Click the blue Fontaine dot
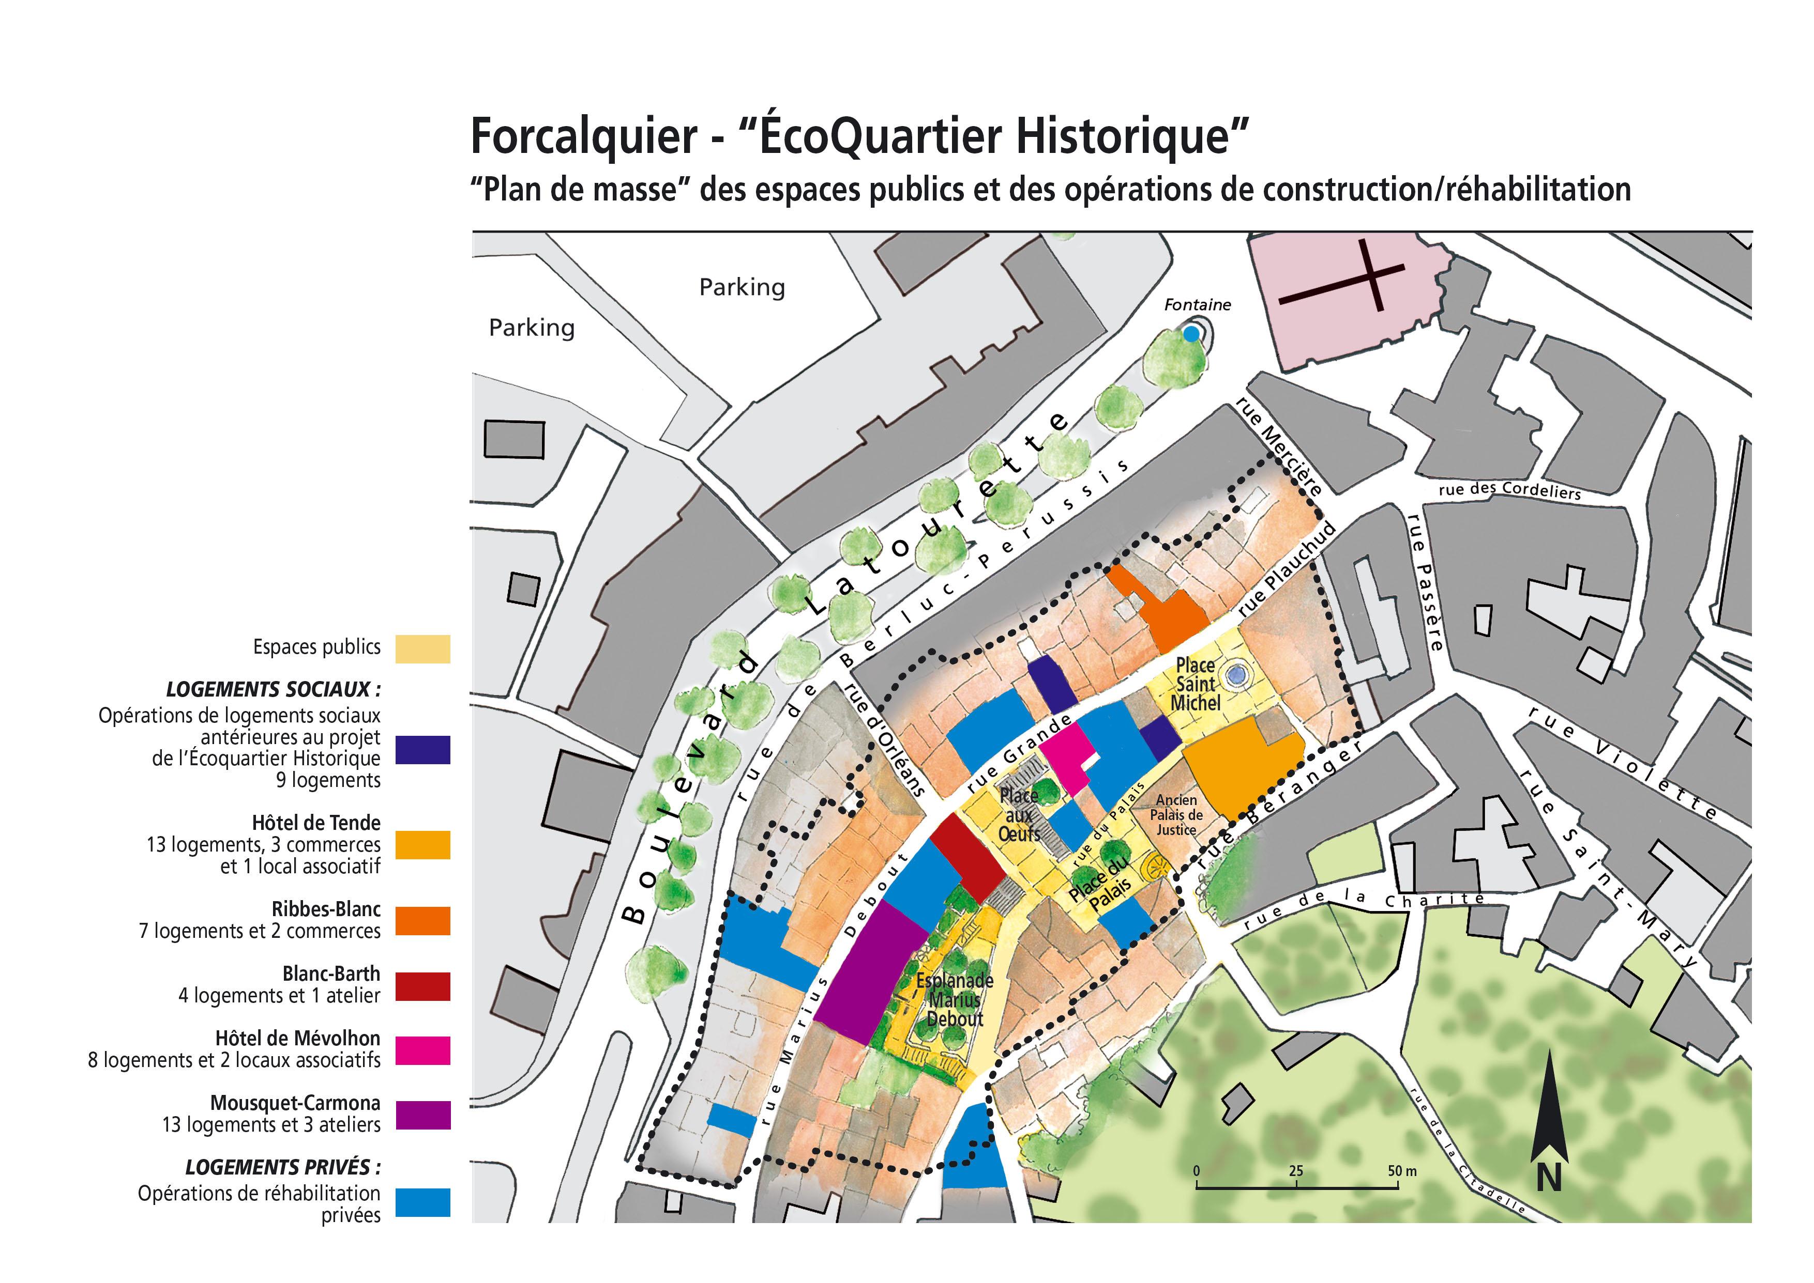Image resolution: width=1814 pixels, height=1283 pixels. (1190, 334)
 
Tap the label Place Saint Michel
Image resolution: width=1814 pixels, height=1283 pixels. (1195, 684)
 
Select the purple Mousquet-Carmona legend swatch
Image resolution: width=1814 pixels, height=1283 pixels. (423, 1115)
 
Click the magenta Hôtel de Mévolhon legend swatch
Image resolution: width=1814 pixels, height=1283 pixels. (423, 1050)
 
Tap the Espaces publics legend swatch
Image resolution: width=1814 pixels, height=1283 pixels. (423, 648)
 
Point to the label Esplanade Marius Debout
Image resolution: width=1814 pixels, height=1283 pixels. (955, 999)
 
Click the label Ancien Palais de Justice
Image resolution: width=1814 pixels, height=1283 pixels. (1176, 814)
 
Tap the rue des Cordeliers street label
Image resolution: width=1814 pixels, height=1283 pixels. (1510, 490)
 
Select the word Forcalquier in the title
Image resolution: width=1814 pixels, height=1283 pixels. (583, 136)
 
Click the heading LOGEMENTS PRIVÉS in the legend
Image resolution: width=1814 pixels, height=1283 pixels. (283, 1167)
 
